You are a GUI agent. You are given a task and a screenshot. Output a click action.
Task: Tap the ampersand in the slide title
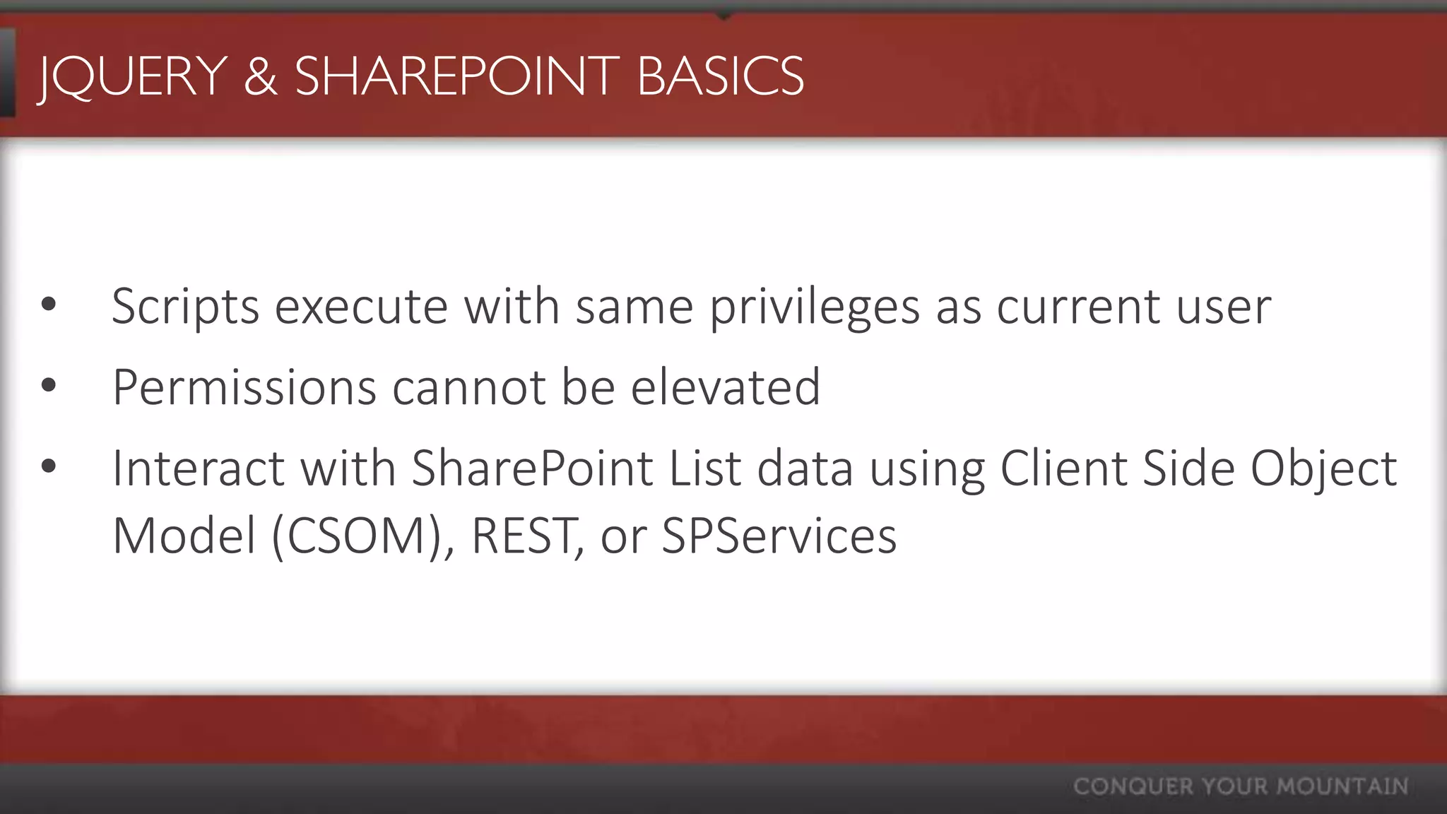click(x=260, y=76)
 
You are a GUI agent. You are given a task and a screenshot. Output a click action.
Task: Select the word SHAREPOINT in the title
click(x=456, y=76)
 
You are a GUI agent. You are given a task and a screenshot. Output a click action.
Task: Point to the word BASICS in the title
click(x=720, y=76)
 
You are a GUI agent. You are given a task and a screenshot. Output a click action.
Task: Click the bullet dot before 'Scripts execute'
click(x=48, y=305)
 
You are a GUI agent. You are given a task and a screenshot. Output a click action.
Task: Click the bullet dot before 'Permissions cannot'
click(x=48, y=386)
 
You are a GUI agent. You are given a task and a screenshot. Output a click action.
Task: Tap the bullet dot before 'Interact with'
click(x=48, y=466)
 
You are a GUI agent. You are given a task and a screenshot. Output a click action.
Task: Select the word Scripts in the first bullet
click(x=186, y=307)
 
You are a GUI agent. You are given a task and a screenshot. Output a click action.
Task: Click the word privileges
click(x=815, y=307)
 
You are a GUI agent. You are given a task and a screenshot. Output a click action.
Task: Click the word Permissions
click(x=244, y=388)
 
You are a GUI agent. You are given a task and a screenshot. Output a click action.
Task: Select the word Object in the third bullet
click(x=1323, y=470)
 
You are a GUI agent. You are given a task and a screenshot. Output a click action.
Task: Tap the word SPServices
click(x=779, y=536)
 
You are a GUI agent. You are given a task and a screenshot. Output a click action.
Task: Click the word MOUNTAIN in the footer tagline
click(x=1342, y=786)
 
